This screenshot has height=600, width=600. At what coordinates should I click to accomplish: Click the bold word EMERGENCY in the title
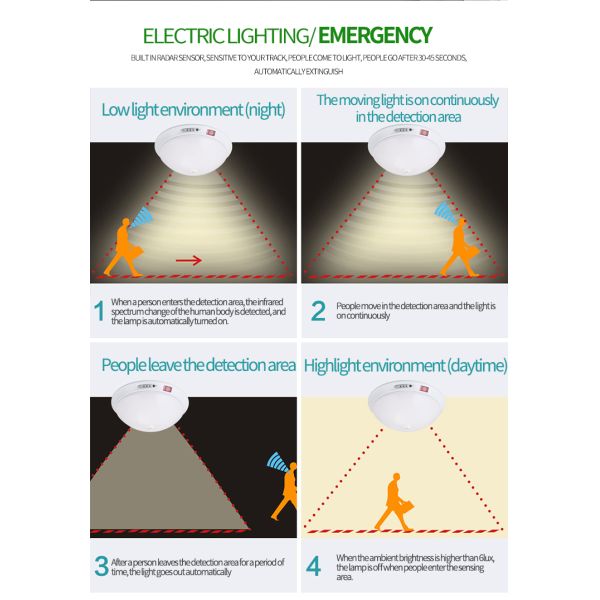(x=375, y=36)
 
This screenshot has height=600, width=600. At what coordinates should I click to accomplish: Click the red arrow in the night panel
(x=189, y=261)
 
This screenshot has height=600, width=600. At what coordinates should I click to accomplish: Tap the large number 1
(x=99, y=310)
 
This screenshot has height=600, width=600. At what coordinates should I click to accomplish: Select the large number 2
(x=318, y=310)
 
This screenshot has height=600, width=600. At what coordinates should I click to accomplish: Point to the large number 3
(x=101, y=566)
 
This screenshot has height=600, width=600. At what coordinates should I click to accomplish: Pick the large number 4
(x=313, y=566)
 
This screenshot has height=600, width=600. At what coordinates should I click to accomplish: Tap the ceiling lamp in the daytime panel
(x=406, y=406)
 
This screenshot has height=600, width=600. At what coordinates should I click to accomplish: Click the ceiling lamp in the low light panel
(x=193, y=150)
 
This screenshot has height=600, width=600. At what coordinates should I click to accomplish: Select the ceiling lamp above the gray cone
(x=150, y=406)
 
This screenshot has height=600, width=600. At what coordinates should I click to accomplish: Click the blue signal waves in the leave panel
(x=278, y=461)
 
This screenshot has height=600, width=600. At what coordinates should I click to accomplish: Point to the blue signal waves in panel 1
(x=142, y=217)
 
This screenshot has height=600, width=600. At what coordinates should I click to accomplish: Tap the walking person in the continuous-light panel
(x=460, y=248)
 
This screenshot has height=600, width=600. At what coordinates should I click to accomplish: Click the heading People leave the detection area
(x=198, y=365)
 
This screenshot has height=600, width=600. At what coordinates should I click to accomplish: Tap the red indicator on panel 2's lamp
(x=423, y=133)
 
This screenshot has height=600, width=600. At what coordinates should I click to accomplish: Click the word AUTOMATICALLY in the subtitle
(x=280, y=72)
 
